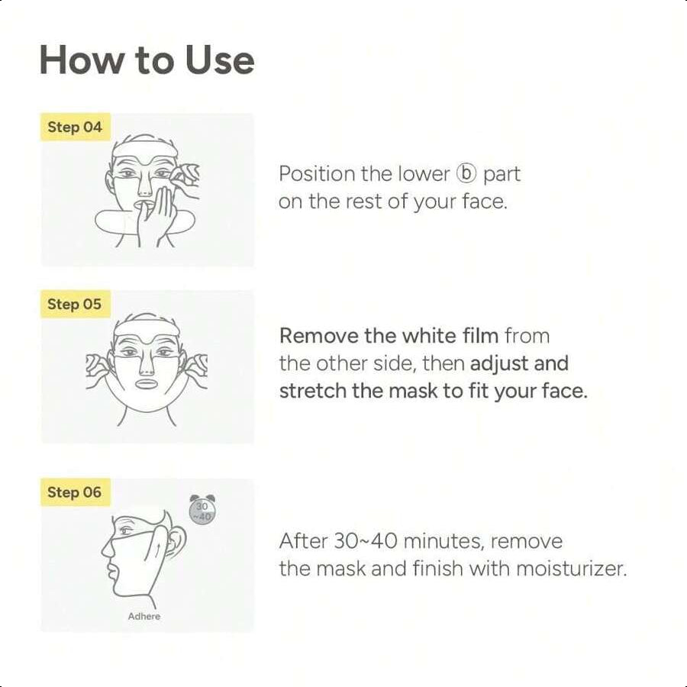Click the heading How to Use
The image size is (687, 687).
pyautogui.click(x=147, y=60)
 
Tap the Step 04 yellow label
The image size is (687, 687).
pyautogui.click(x=75, y=127)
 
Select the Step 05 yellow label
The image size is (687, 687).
pyautogui.click(x=75, y=304)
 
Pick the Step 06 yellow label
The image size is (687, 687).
pyautogui.click(x=75, y=492)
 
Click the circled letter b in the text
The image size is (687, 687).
pyautogui.click(x=466, y=174)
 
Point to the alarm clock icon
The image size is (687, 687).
pyautogui.click(x=203, y=509)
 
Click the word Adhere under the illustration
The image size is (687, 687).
pyautogui.click(x=144, y=616)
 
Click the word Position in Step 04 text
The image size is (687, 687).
pyautogui.click(x=317, y=174)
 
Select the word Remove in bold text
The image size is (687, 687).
pyautogui.click(x=316, y=336)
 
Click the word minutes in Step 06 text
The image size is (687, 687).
pyautogui.click(x=443, y=542)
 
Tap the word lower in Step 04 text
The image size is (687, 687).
pyautogui.click(x=423, y=174)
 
